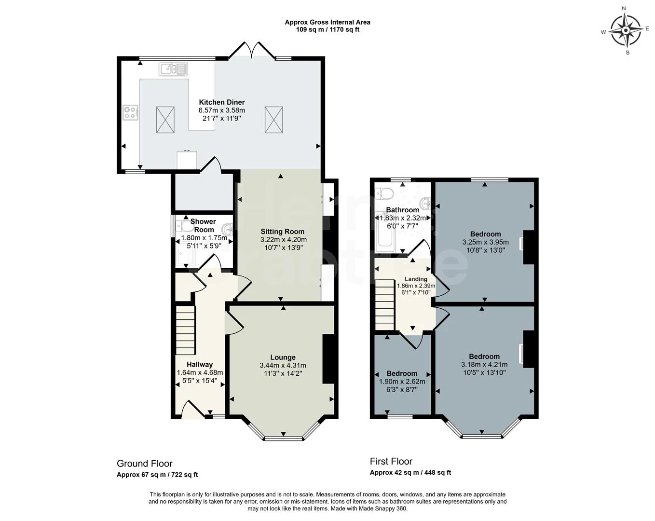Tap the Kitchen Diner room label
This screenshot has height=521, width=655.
[x=222, y=102]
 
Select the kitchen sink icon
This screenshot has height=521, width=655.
[x=173, y=69]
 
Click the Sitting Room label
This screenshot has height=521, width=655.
[x=283, y=231]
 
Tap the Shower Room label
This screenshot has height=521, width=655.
[x=204, y=225]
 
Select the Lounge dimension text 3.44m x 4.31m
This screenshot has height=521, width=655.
[x=283, y=365]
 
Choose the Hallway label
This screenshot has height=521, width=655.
[x=200, y=365]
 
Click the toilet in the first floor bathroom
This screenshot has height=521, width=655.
[x=385, y=193]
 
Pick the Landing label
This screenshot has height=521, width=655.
[x=416, y=279]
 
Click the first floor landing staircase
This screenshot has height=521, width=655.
[x=385, y=305]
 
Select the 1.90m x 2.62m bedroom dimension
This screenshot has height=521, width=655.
[x=402, y=382]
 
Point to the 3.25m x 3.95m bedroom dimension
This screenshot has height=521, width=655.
[x=485, y=242]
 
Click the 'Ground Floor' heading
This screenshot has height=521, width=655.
[x=145, y=464]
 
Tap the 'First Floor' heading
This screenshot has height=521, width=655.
[x=391, y=461]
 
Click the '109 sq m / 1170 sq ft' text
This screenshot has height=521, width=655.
[x=327, y=29]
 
